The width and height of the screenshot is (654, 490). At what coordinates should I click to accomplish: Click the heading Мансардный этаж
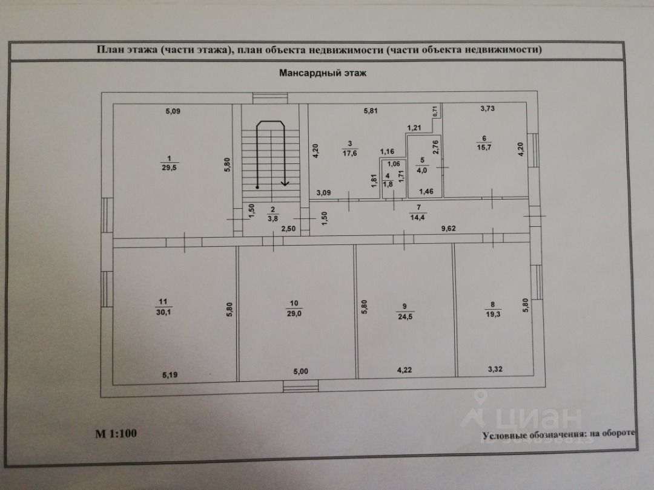(322, 73)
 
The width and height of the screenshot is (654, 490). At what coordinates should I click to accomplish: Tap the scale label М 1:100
(116, 433)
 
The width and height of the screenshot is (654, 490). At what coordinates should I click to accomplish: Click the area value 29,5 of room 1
(169, 168)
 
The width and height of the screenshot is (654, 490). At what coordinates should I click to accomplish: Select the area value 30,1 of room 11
(163, 312)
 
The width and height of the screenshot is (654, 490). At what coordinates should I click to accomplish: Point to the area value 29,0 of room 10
(294, 313)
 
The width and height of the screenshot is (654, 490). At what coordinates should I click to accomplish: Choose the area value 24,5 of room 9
(405, 316)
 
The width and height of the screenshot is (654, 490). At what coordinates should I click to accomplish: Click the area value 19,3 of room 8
(493, 314)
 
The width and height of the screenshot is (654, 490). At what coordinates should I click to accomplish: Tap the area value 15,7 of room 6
(484, 148)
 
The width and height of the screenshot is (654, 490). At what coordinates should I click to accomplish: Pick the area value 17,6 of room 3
(349, 153)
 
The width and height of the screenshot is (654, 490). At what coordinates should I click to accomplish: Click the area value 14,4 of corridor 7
(417, 217)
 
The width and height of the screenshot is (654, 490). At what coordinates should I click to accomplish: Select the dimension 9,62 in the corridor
(448, 228)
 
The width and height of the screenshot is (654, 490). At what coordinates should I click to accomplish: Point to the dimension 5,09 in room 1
(173, 111)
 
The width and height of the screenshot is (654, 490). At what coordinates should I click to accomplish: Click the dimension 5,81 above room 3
(371, 111)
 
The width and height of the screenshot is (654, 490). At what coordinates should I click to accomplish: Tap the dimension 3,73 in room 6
(487, 108)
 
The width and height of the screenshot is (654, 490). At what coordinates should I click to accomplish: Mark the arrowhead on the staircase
(285, 182)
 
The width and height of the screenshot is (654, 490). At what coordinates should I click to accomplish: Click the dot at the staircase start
(257, 187)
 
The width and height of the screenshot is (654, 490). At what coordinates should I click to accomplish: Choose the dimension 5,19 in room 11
(170, 375)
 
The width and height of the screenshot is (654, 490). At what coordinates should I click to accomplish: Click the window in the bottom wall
(300, 386)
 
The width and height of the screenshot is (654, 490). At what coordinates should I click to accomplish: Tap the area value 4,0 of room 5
(422, 171)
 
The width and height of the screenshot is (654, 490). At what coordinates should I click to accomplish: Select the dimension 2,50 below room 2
(289, 229)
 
